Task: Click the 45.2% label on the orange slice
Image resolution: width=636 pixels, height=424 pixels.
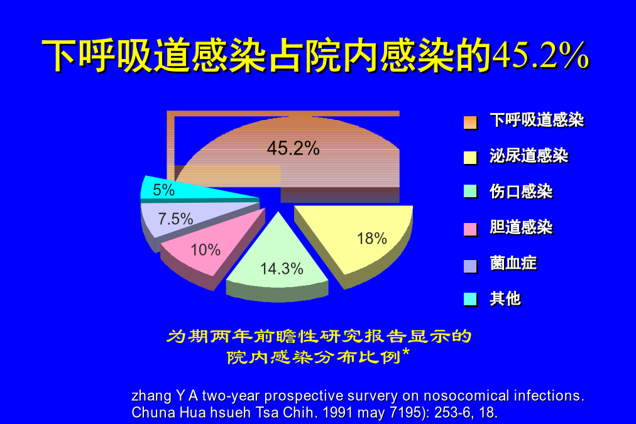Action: tap(293, 148)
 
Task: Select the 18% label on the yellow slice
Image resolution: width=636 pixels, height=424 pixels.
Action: tap(371, 238)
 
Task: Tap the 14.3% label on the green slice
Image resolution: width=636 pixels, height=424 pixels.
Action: tap(282, 269)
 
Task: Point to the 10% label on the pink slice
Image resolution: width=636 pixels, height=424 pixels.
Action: tap(206, 250)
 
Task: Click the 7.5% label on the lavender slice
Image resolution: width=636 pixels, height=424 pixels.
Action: tap(175, 219)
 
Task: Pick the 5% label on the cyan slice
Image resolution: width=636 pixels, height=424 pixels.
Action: tap(163, 190)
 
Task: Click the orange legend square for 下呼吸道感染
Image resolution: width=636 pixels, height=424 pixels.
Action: tap(470, 122)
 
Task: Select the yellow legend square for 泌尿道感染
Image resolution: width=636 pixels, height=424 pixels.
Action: tap(470, 158)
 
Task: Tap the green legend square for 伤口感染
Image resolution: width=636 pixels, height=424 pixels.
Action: tap(470, 191)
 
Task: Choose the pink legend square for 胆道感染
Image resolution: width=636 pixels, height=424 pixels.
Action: tap(470, 229)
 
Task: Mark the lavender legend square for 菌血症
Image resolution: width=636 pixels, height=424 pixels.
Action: tap(470, 266)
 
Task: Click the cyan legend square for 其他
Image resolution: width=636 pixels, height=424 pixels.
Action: tap(470, 299)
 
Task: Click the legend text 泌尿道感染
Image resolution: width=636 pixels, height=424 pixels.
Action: tap(529, 156)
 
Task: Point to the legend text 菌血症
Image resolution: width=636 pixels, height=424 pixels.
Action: tap(513, 263)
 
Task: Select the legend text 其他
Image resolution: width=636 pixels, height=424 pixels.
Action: tap(505, 299)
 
